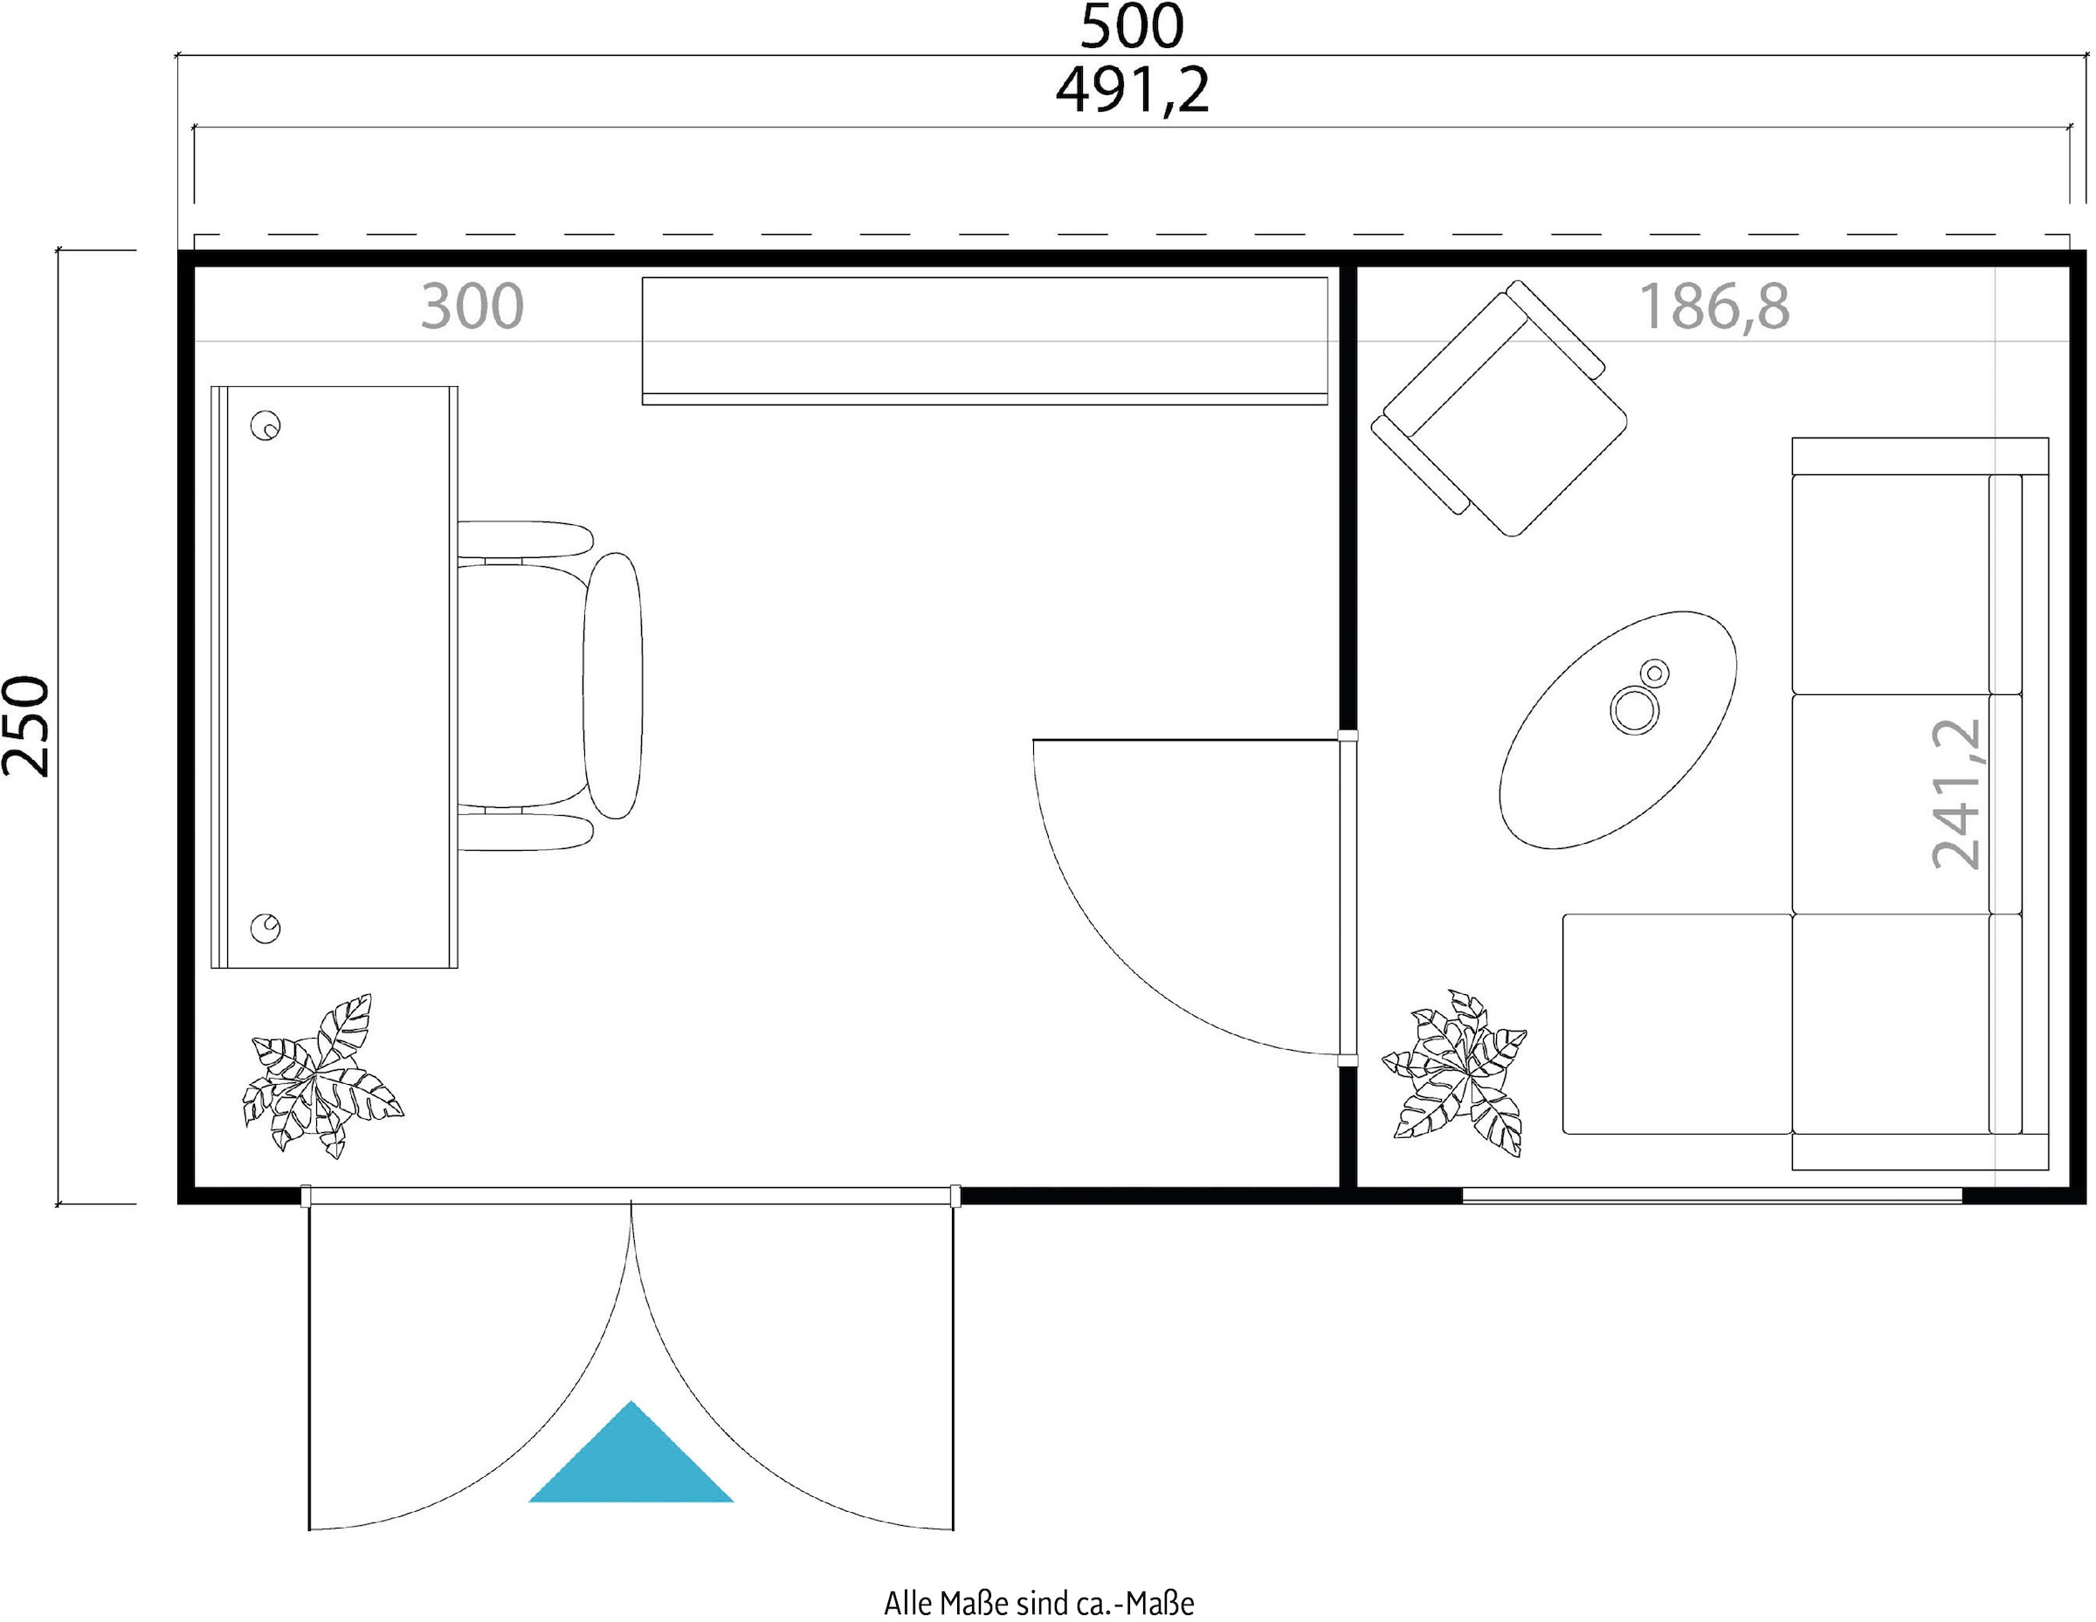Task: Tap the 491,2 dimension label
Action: click(1132, 91)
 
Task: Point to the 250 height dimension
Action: click(26, 726)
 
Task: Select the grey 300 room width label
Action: click(472, 307)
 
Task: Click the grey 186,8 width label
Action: click(1714, 307)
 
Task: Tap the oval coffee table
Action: click(1618, 729)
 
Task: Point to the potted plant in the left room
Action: click(321, 1076)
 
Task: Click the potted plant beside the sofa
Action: click(1455, 1073)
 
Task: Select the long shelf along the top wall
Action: click(984, 341)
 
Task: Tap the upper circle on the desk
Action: click(265, 425)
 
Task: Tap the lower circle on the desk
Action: click(265, 928)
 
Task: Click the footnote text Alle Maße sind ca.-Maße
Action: click(1038, 1603)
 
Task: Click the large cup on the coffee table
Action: click(1634, 711)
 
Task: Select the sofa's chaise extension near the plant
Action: click(1677, 1024)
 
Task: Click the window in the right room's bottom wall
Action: click(1712, 1195)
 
